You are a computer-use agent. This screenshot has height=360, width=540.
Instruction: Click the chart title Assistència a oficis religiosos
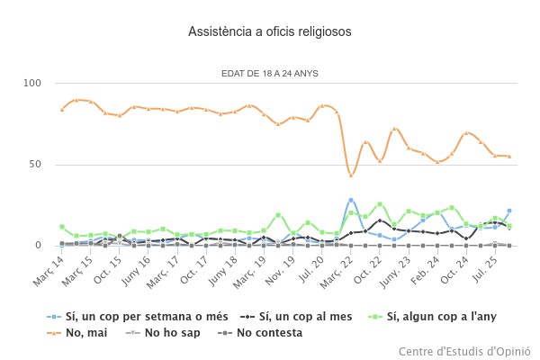pos(270,31)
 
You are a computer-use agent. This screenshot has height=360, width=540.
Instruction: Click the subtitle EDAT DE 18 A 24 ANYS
pos(270,73)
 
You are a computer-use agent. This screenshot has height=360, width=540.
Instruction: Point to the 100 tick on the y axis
pos(33,84)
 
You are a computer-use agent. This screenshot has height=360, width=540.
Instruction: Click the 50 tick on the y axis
pos(36,165)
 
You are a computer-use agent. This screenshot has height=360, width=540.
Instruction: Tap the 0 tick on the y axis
pos(39,245)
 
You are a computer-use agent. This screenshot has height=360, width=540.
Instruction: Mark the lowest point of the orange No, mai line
pos(351,175)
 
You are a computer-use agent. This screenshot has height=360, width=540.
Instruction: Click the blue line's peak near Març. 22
pos(351,200)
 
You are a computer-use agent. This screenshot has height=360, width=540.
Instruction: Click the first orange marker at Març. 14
pos(61,109)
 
